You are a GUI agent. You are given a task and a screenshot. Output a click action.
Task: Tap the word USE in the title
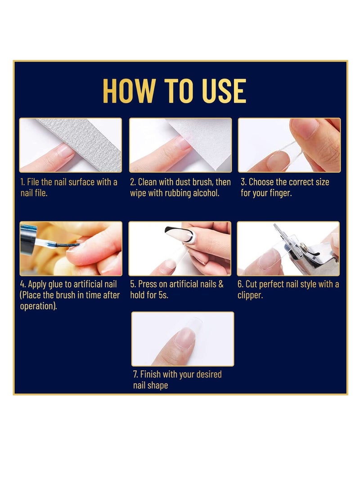222,91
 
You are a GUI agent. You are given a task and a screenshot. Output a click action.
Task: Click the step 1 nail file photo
71,145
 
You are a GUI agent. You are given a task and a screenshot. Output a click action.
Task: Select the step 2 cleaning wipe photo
180,145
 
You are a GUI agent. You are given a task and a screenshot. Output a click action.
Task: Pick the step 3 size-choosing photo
289,145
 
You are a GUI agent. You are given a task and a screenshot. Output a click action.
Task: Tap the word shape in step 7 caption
157,386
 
